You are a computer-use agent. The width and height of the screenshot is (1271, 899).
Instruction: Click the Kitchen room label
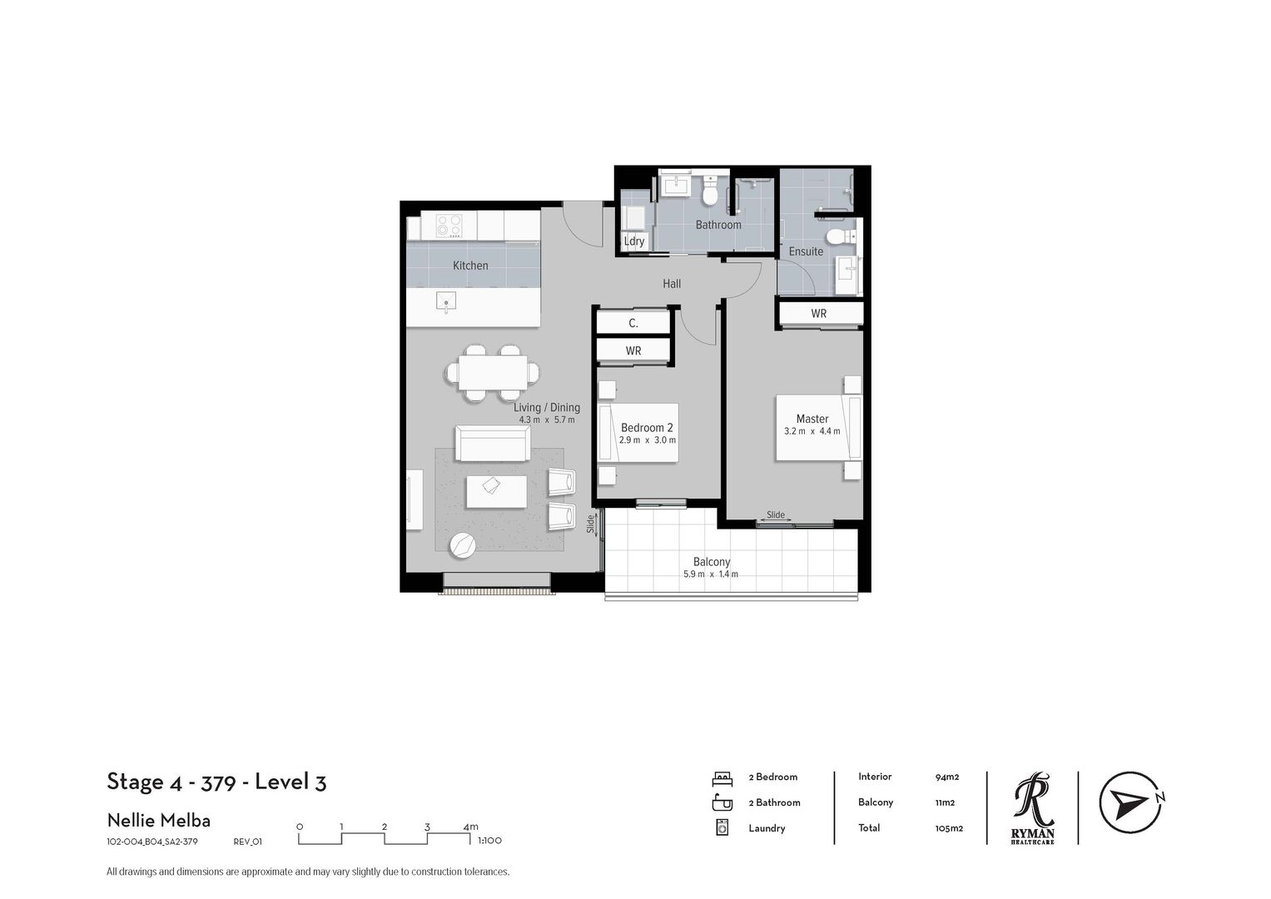[x=469, y=265]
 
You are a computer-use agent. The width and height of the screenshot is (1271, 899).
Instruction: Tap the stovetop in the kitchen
[x=449, y=226]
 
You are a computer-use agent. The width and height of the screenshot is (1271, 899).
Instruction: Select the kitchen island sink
[x=446, y=301]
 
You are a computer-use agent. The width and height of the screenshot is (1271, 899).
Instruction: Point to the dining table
[x=492, y=374]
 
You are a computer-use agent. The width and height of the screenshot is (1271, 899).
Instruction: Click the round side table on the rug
[x=463, y=545]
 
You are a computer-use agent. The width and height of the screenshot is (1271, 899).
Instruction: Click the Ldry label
[x=633, y=241]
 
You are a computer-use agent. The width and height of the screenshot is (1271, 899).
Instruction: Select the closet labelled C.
[x=633, y=323]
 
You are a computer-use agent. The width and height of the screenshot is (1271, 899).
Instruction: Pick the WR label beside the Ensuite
[x=818, y=313]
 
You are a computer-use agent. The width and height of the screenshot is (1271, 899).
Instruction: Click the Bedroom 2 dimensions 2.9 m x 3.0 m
[x=647, y=440]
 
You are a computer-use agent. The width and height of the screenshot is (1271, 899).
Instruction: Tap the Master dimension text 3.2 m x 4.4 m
[x=812, y=431]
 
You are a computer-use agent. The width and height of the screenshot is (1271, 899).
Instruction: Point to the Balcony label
[x=712, y=561]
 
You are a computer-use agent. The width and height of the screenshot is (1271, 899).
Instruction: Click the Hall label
[x=672, y=283]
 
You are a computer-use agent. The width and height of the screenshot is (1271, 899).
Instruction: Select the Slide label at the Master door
[x=776, y=514]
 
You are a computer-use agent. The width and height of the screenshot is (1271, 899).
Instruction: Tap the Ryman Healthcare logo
[x=1033, y=807]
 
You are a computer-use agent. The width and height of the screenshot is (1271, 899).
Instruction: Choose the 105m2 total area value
[x=949, y=828]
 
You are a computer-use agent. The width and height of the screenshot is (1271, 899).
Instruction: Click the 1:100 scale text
[x=489, y=840]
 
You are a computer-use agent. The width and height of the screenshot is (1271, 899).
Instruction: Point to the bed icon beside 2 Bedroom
[x=722, y=778]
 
